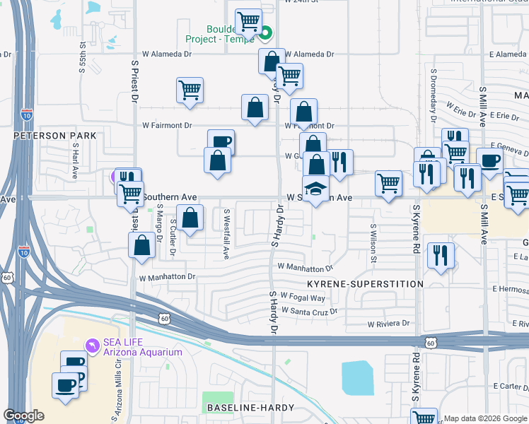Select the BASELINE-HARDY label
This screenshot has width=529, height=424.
pyautogui.click(x=245, y=408)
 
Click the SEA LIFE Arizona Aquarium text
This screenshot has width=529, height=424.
pyautogui.click(x=143, y=347)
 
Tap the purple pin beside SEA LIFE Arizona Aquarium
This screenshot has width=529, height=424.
pyautogui.click(x=91, y=345)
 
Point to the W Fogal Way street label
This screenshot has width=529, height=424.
pyautogui.click(x=302, y=297)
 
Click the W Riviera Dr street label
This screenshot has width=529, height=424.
pyautogui.click(x=388, y=324)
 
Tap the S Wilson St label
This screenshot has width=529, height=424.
pyautogui.click(x=373, y=242)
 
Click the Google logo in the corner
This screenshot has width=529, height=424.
pyautogui.click(x=23, y=416)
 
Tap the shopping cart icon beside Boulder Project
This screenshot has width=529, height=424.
pyautogui.click(x=248, y=22)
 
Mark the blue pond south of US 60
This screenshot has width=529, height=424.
pyautogui.click(x=357, y=378)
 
